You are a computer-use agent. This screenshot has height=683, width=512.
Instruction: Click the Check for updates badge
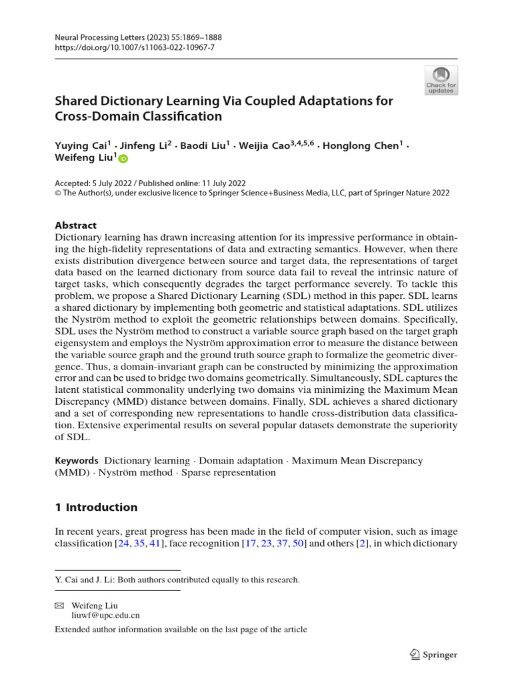pyautogui.click(x=441, y=80)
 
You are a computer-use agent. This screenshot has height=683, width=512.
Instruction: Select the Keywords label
pyautogui.click(x=76, y=460)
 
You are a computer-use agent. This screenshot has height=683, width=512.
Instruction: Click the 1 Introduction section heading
pyautogui.click(x=96, y=507)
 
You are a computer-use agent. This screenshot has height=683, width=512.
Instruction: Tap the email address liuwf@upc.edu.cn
pyautogui.click(x=97, y=616)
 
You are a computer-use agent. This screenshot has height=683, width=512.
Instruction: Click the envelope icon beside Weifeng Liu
pyautogui.click(x=59, y=605)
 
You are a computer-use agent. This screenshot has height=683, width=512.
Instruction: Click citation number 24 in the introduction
pyautogui.click(x=122, y=544)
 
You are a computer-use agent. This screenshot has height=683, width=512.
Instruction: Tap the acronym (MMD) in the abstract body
pyautogui.click(x=71, y=472)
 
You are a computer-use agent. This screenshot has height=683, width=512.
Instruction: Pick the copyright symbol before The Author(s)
pyautogui.click(x=57, y=193)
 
